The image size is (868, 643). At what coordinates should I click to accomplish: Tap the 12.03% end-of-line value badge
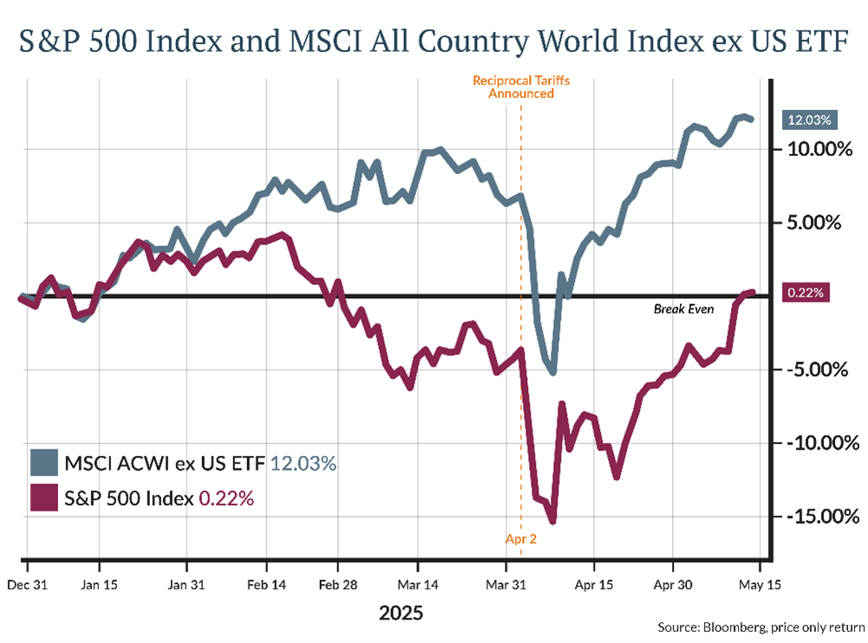(x=806, y=120)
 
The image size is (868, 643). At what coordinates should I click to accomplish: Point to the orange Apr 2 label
(x=520, y=539)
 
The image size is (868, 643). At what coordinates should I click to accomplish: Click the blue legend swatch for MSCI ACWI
(x=44, y=463)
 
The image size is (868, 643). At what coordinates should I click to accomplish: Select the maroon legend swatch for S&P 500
(x=44, y=499)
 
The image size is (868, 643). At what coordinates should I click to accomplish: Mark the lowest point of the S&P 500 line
(x=552, y=521)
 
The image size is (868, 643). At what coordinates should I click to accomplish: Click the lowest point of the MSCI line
(x=552, y=373)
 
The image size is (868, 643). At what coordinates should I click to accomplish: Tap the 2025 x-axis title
(x=401, y=614)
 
